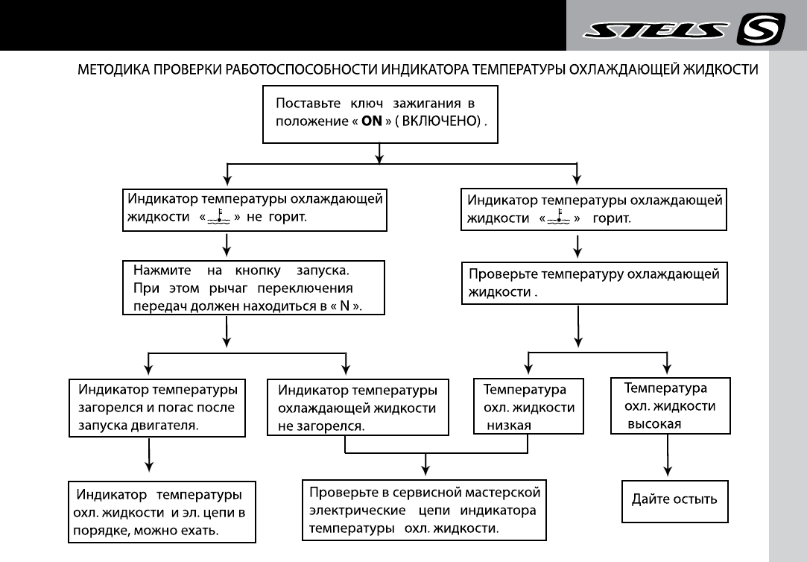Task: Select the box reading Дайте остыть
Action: (675, 499)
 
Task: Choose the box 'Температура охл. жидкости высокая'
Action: (666, 405)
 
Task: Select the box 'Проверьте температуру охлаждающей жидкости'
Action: (594, 282)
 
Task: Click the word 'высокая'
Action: (654, 423)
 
